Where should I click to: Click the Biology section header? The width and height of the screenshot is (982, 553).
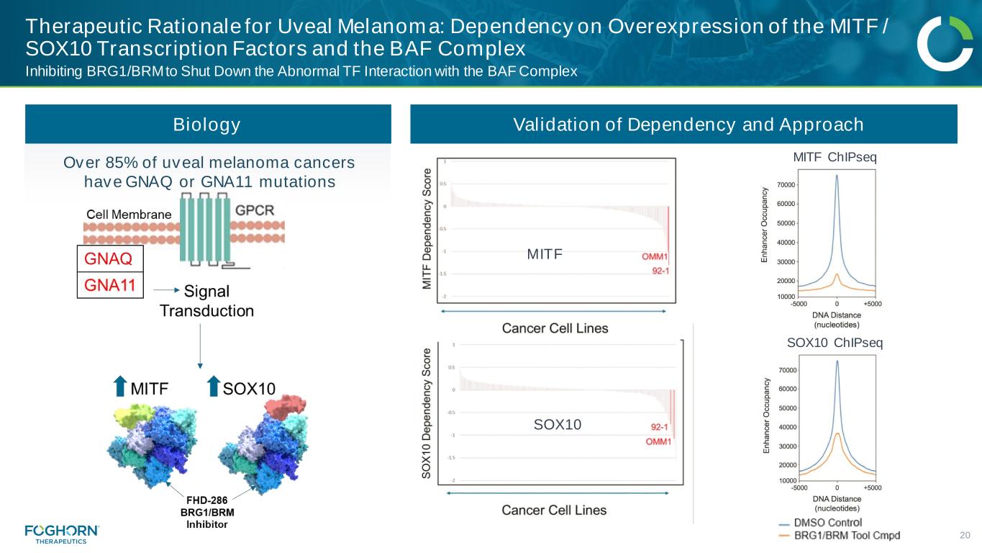(207, 125)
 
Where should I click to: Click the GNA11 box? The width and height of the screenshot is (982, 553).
(110, 284)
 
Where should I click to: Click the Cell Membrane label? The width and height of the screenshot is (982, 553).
(129, 214)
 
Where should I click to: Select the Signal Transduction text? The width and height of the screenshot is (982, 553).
(206, 302)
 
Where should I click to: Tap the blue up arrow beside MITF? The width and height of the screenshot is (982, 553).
(120, 387)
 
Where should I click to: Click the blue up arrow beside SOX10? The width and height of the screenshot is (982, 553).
(213, 387)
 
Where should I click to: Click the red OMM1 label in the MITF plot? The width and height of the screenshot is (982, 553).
(655, 257)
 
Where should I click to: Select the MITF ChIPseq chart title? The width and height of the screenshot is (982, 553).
(835, 158)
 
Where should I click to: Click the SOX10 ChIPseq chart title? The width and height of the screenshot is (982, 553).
(835, 343)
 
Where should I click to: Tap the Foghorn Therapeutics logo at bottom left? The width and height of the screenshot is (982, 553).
(62, 534)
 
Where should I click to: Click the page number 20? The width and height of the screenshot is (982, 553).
(965, 535)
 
